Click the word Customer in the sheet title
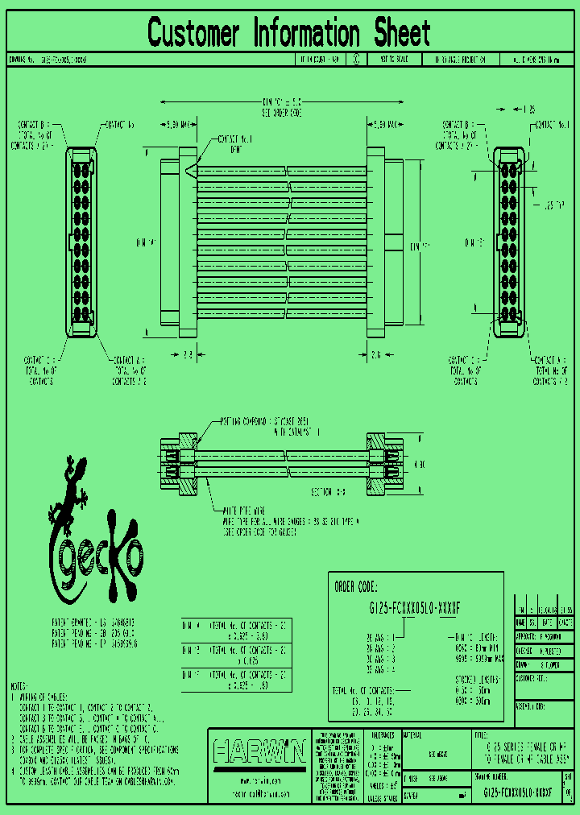point(193,34)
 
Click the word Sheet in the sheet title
point(401,34)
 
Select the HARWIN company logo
point(259,753)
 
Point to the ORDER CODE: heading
point(355,586)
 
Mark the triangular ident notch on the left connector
point(191,171)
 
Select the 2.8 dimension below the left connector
point(186,353)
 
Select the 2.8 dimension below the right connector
point(376,353)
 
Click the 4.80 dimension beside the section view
point(420,465)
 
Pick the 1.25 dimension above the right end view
point(529,108)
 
